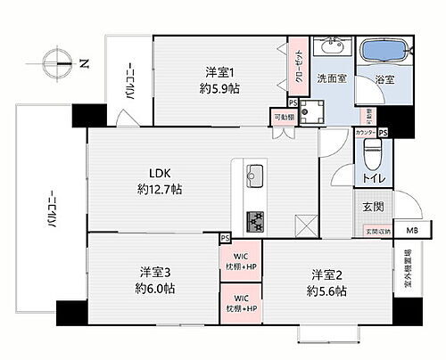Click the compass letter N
[83, 62]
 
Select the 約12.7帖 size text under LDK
[160, 189]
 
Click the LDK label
[160, 173]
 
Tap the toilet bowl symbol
[370, 161]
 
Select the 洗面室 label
[334, 79]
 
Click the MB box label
[411, 231]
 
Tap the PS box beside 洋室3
[225, 238]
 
